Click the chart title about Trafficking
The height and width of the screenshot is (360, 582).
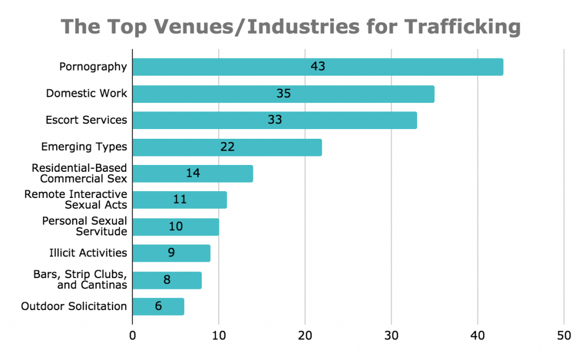(290, 27)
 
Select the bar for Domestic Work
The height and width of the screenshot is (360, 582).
(283, 94)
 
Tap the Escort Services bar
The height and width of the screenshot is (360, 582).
(275, 120)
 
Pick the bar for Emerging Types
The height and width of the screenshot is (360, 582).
(227, 147)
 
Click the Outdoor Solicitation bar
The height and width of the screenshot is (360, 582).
(158, 307)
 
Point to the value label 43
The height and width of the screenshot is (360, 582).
(318, 67)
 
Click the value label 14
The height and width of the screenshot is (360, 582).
(193, 173)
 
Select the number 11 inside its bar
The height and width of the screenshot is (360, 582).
(180, 200)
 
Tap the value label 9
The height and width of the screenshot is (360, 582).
(171, 253)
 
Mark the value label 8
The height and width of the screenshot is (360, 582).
(167, 280)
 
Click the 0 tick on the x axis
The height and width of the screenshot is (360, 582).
(132, 336)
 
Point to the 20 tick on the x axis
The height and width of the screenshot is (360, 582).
(305, 336)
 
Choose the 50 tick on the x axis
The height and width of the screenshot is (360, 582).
(564, 336)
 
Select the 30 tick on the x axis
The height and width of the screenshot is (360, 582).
(392, 336)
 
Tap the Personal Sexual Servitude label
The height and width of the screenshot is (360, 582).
(85, 226)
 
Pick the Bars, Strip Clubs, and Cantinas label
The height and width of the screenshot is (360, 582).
(80, 280)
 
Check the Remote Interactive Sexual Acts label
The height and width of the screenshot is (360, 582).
(76, 200)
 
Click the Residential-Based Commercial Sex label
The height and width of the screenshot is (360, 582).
(79, 173)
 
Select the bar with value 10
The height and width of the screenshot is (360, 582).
(176, 226)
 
